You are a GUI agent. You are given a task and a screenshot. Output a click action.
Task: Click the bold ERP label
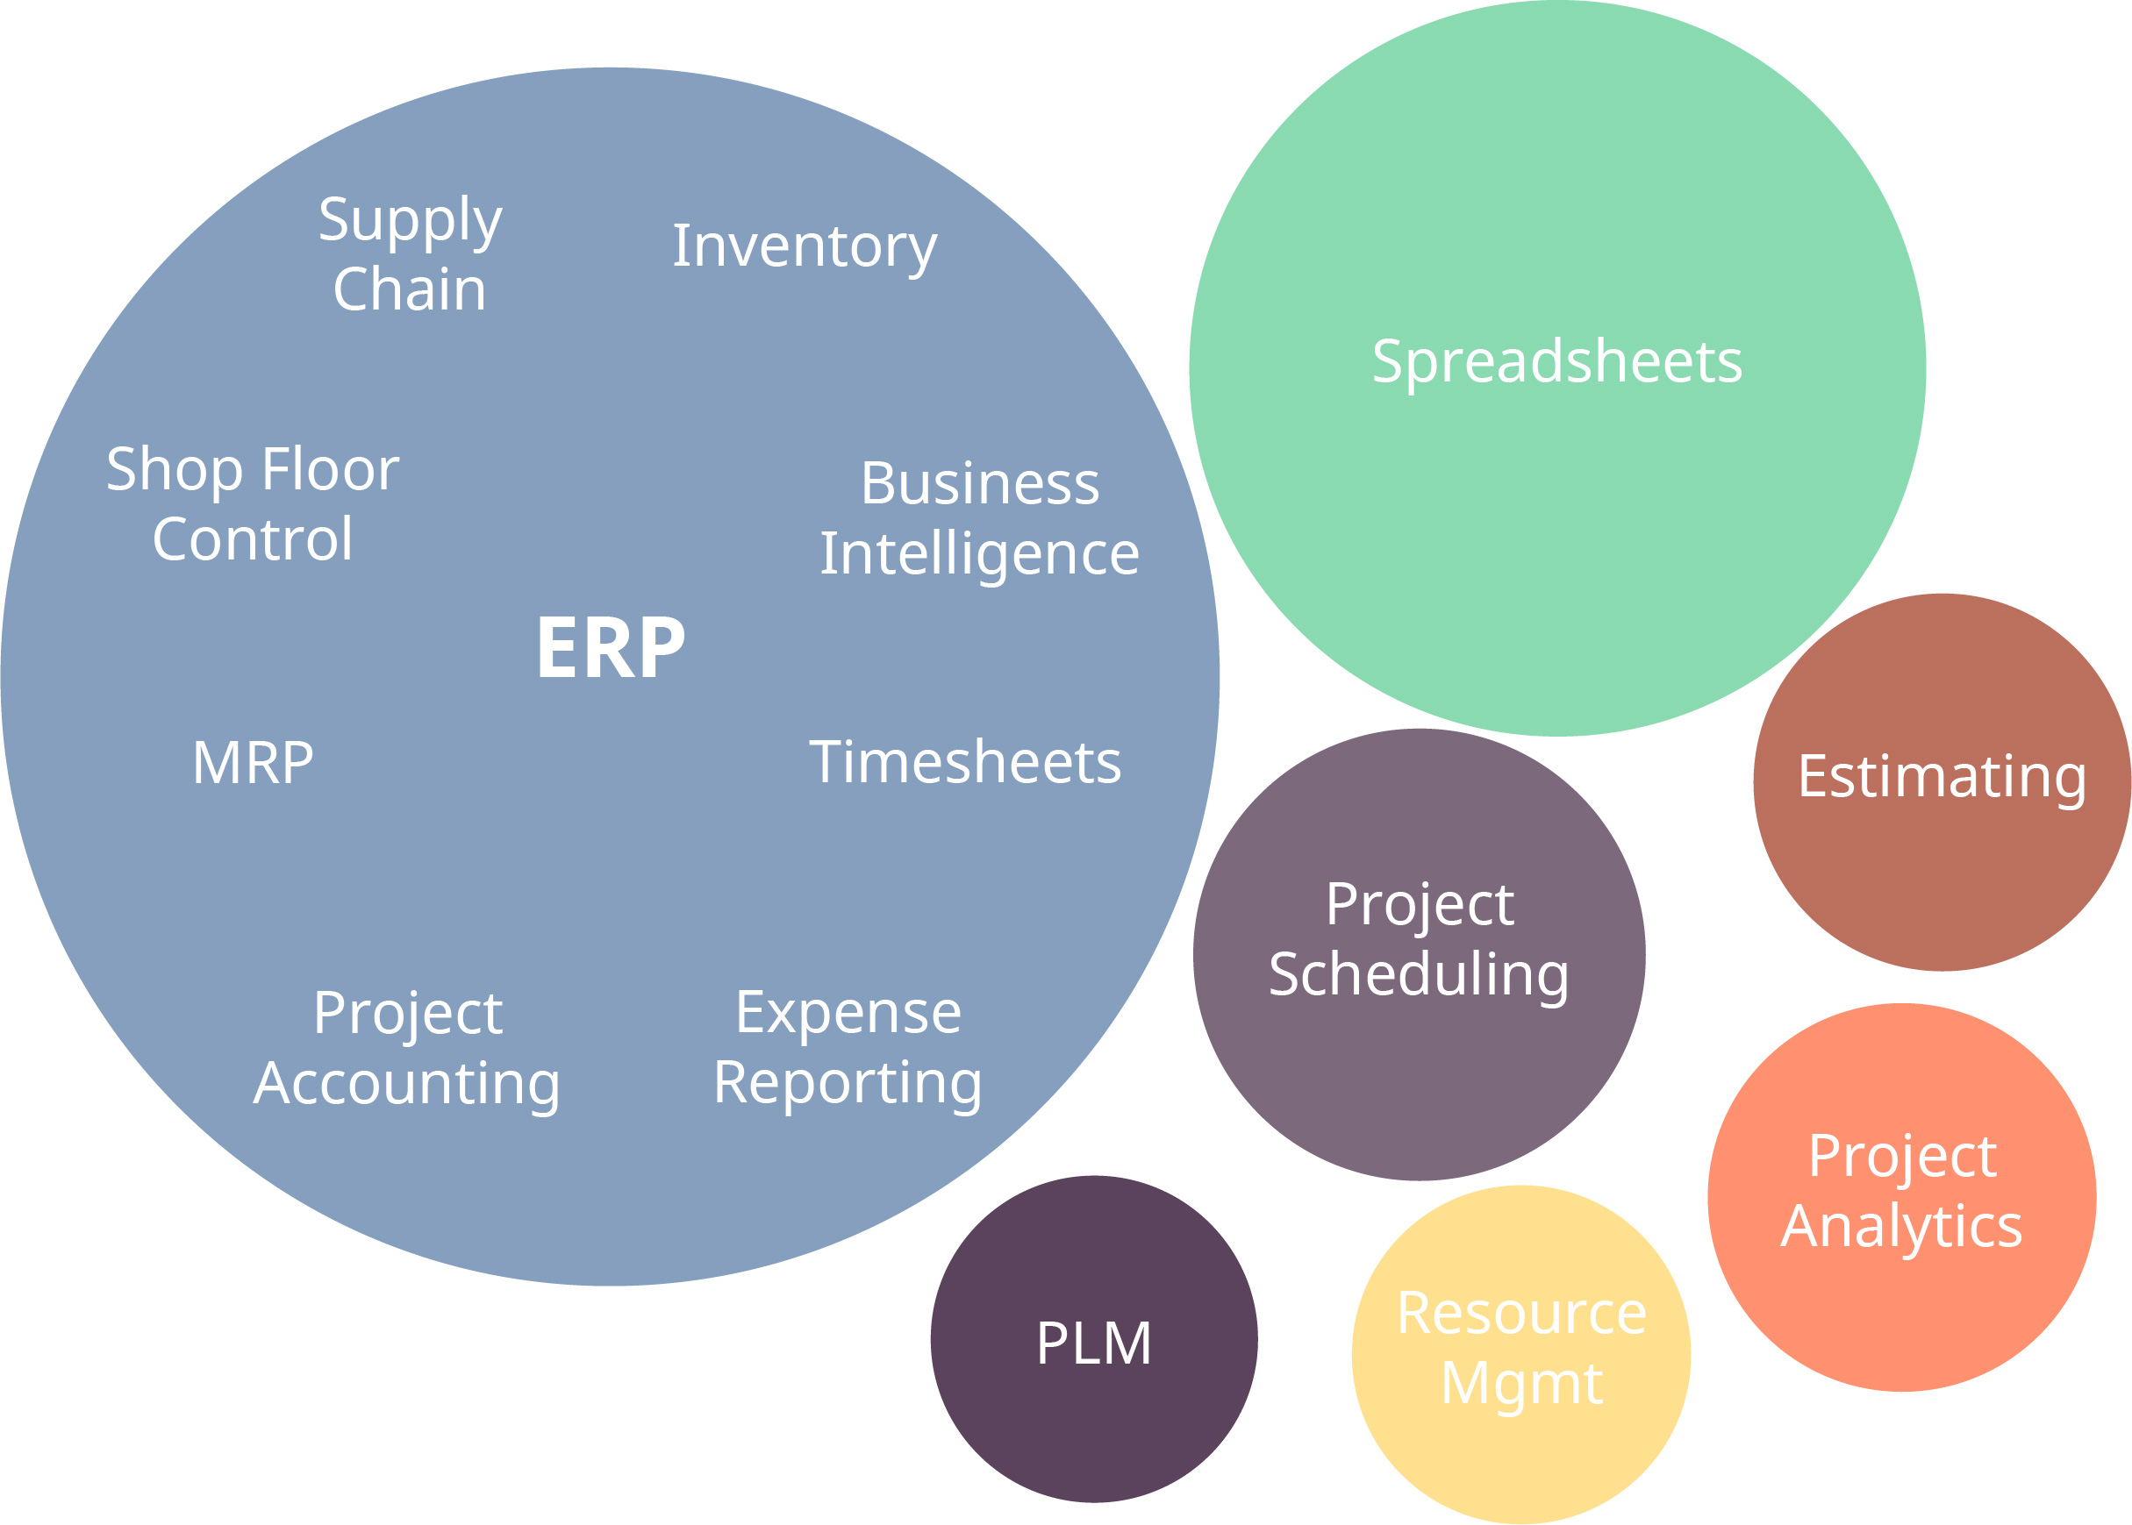coord(611,647)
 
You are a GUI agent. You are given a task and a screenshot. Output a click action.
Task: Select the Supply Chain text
coord(411,253)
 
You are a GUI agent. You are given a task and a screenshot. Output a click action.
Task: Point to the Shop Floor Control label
coord(253,503)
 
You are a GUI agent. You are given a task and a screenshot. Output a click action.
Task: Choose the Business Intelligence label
coord(980,519)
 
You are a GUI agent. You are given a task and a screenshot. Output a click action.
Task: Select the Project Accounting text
coord(408,1051)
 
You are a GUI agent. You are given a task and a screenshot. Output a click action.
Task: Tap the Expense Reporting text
coord(848,1050)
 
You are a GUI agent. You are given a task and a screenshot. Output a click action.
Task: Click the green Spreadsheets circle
coord(1557,367)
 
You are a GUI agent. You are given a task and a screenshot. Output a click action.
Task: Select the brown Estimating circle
coord(1942,782)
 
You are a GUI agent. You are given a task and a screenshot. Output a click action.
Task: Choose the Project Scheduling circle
coord(1420,955)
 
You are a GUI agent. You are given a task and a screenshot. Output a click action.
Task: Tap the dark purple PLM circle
coord(1094,1339)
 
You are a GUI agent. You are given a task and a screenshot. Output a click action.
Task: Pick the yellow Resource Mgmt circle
coord(1521,1355)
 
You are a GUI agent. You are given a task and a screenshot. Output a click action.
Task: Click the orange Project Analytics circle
coord(1902,1197)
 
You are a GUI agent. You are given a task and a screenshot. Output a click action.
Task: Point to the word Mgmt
coord(1521,1384)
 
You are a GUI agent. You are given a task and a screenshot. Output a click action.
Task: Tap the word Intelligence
coord(980,554)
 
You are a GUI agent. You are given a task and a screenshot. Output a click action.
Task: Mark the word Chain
coord(411,289)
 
